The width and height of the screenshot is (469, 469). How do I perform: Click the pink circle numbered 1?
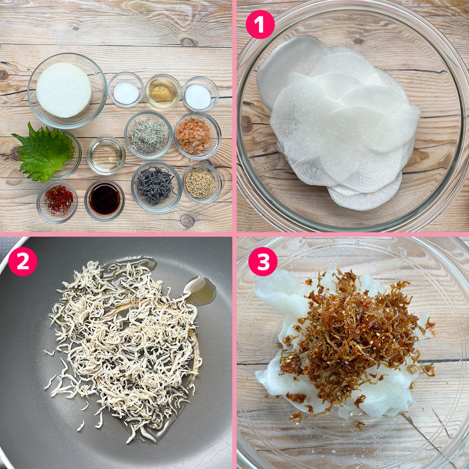tap(260, 24)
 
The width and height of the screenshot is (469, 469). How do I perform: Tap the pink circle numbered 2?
tap(23, 261)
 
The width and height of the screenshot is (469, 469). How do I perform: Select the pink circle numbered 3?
tap(263, 261)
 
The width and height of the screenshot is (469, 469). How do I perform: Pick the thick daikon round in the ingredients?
tap(64, 90)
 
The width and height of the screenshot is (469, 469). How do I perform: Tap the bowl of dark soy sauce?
tap(104, 200)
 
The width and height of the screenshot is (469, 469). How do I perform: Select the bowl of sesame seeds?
tap(202, 183)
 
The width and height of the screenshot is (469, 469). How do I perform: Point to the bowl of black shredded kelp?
tap(156, 187)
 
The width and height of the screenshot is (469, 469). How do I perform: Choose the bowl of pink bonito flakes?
tap(198, 135)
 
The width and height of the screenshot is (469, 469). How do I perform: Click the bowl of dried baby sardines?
tap(149, 135)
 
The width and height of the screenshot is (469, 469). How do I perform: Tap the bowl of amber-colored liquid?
tap(163, 91)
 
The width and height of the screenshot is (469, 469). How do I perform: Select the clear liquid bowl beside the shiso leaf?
tap(106, 155)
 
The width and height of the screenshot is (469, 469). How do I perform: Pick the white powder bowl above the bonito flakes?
tap(200, 94)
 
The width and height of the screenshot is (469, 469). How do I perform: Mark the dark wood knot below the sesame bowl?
tap(187, 221)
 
